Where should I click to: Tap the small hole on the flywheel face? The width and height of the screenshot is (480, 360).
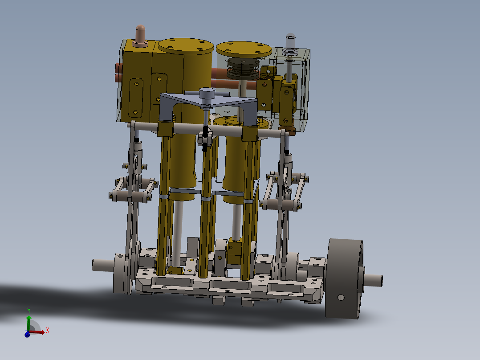click(341, 297)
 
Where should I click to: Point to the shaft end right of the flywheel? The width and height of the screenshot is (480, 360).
click(374, 280)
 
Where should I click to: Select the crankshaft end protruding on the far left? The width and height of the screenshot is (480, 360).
click(102, 265)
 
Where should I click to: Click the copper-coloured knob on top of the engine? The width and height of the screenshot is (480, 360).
click(141, 34)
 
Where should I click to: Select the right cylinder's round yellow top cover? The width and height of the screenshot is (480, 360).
click(244, 48)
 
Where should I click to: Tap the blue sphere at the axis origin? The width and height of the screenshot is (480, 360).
click(27, 334)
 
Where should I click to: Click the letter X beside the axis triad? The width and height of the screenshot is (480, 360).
click(47, 330)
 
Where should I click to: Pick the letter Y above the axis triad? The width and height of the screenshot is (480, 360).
click(28, 310)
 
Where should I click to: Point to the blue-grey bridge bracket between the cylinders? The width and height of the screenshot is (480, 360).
click(209, 102)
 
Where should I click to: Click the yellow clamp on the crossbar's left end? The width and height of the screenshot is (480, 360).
click(165, 129)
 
